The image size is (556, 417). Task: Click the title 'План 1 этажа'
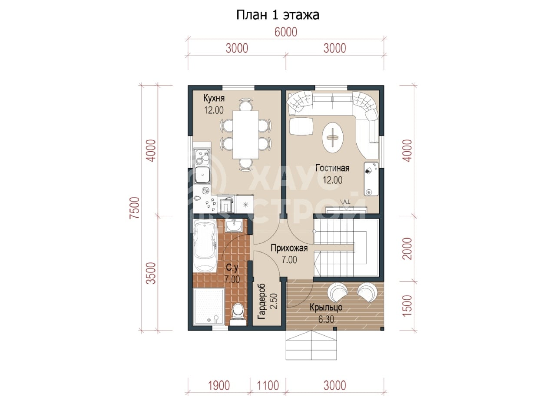point(278,15)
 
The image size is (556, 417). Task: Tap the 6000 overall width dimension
point(286,32)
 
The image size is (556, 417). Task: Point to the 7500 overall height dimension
point(135,208)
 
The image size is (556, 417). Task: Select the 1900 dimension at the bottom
point(219,386)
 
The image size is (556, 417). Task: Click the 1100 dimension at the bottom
point(268,386)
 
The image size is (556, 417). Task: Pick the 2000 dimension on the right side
point(407,248)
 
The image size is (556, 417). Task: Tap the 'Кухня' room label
point(214,98)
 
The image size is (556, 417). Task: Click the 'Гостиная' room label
point(332,168)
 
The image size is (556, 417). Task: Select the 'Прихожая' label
point(289,248)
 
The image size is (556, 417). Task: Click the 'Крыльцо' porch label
point(326,308)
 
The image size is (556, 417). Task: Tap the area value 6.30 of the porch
point(326,320)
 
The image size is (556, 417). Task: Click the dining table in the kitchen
point(245,135)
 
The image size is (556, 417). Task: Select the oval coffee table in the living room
point(333,138)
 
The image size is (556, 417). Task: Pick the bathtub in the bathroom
point(205,246)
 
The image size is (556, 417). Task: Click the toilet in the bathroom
point(238,314)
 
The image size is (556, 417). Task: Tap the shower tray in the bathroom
point(209,307)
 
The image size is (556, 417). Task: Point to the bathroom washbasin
point(234,225)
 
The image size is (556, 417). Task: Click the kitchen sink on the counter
point(202,175)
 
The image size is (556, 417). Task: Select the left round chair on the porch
point(338,291)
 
